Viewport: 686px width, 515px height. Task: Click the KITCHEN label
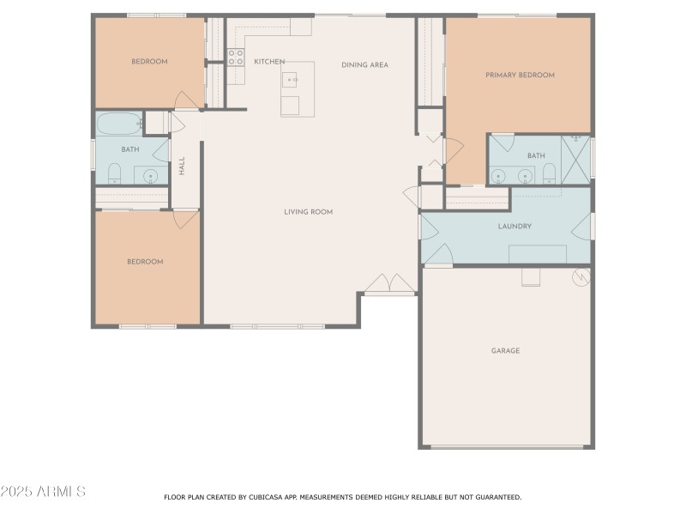(x=269, y=62)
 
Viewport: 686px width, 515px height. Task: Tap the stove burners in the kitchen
(x=236, y=58)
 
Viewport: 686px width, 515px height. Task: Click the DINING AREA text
(x=364, y=65)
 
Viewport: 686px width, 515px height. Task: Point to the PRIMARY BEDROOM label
(x=520, y=76)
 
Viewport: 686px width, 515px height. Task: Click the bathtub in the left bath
(x=118, y=124)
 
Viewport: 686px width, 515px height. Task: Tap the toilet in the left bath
(x=114, y=176)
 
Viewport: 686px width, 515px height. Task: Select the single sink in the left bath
(x=151, y=177)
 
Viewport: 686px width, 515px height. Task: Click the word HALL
(x=182, y=166)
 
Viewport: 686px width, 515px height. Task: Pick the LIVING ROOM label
(x=309, y=212)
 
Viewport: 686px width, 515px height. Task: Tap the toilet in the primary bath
(x=550, y=176)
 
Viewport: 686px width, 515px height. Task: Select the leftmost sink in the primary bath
(x=498, y=176)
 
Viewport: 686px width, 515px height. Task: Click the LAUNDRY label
(x=514, y=227)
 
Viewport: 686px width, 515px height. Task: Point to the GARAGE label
(x=505, y=351)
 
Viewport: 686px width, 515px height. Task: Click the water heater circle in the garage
(x=581, y=276)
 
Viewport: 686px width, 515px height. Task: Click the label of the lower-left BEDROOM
(x=145, y=262)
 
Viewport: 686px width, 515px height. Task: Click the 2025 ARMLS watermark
(x=43, y=492)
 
